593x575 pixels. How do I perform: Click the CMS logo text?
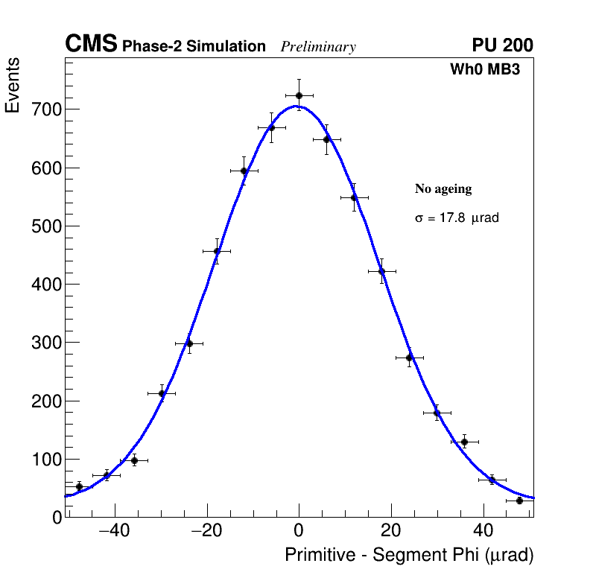point(91,45)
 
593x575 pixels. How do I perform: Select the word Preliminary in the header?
point(318,47)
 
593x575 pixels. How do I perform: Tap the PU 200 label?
point(502,45)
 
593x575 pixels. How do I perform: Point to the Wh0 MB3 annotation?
point(484,70)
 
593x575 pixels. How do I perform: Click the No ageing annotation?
point(443,189)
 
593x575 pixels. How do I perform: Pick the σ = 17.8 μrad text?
point(457,218)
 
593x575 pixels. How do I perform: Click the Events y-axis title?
point(13,85)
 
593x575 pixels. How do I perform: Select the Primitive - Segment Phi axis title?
point(409,555)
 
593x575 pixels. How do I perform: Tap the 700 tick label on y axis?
point(47,109)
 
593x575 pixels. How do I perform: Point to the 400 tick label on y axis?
point(47,285)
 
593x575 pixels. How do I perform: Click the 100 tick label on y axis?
point(47,460)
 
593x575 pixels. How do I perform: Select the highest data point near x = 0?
point(299,95)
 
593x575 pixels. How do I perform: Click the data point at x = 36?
point(464,442)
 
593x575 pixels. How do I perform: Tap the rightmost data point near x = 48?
point(519,501)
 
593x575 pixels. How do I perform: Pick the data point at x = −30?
point(162,393)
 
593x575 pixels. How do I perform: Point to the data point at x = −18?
point(217,251)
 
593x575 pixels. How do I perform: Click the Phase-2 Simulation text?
point(194,47)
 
